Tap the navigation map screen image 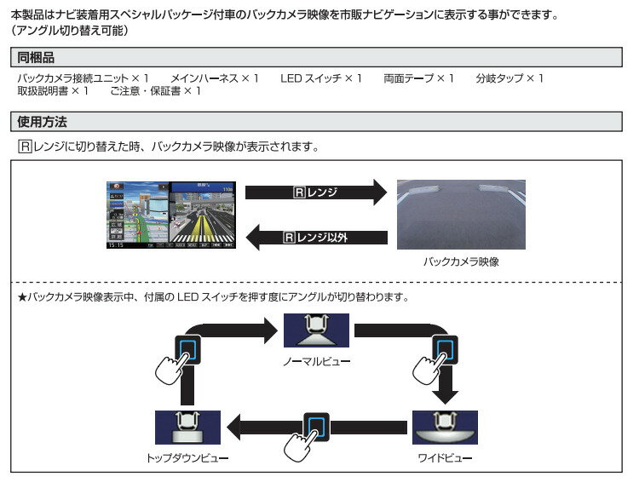[x=171, y=215]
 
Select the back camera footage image [x=461, y=214]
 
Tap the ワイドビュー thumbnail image [x=445, y=427]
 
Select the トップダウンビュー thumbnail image [x=187, y=427]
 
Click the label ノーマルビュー [x=316, y=360]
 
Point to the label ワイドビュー [x=445, y=457]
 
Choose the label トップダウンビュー [x=187, y=457]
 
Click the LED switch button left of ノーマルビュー [x=187, y=348]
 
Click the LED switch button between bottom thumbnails [x=316, y=427]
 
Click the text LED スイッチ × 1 [x=321, y=78]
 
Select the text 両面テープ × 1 [x=418, y=78]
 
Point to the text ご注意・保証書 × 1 [x=155, y=91]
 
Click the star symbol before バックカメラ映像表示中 [x=23, y=297]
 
